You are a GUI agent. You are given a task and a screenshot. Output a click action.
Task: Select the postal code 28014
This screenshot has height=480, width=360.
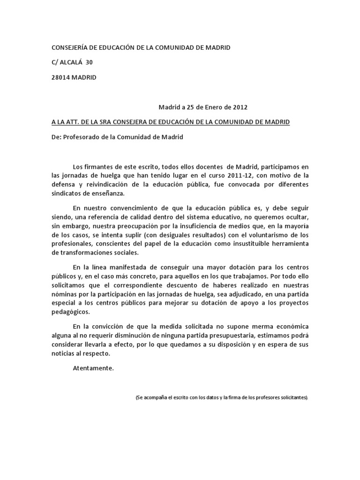(x=60, y=77)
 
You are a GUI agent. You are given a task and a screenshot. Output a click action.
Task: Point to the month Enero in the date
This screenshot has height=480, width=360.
(x=219, y=107)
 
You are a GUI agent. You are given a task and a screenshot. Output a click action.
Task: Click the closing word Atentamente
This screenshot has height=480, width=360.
(x=93, y=368)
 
